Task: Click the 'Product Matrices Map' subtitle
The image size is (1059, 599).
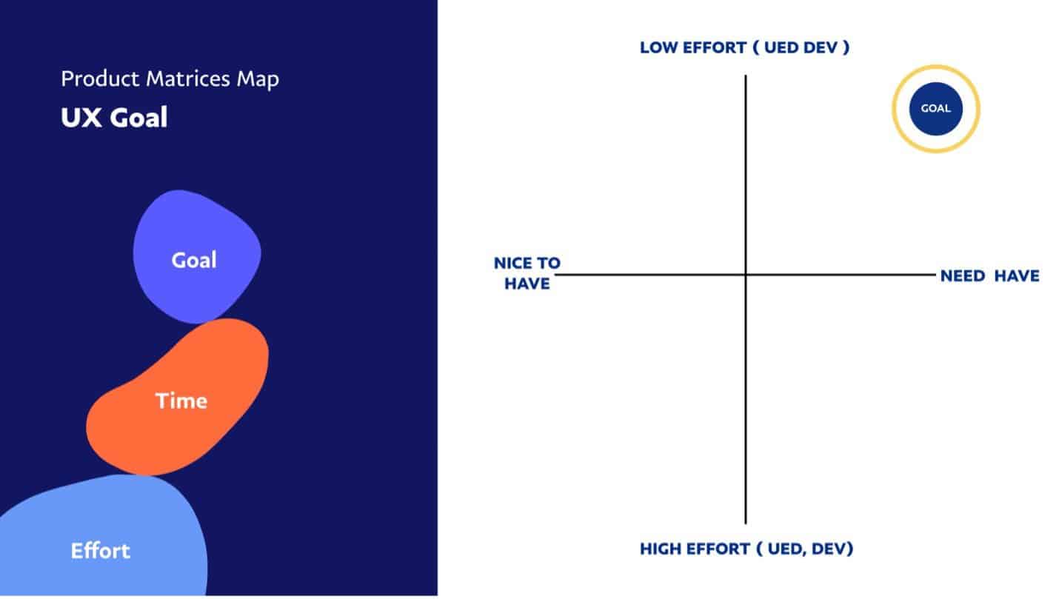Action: (x=170, y=78)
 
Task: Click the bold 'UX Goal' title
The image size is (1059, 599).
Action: (x=114, y=118)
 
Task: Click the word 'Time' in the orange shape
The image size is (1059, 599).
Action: (x=181, y=401)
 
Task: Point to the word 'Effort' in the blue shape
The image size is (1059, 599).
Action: (x=100, y=551)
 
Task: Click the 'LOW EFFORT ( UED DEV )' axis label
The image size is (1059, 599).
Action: (x=744, y=48)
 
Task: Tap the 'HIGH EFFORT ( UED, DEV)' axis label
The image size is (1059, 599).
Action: (x=746, y=549)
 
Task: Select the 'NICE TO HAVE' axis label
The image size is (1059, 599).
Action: (x=527, y=273)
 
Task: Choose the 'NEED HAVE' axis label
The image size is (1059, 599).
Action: (x=989, y=276)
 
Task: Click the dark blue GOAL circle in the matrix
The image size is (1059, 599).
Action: (x=935, y=109)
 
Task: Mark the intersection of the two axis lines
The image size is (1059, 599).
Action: (x=746, y=275)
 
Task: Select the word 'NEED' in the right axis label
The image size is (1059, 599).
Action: (x=962, y=276)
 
